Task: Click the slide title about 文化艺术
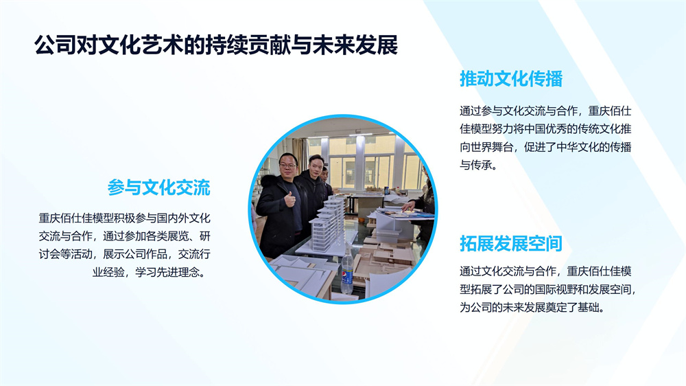click(x=216, y=45)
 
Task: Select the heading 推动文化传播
click(x=510, y=79)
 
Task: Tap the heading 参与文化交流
click(x=159, y=188)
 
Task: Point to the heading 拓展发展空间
click(x=510, y=244)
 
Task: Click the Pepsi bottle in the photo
click(x=347, y=275)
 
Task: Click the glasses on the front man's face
click(x=288, y=166)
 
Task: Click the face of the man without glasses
click(x=316, y=166)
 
